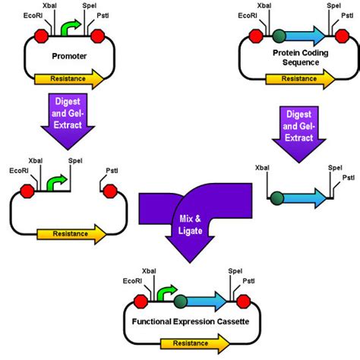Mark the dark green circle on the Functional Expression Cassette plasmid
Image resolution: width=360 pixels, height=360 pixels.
pos(180,302)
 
